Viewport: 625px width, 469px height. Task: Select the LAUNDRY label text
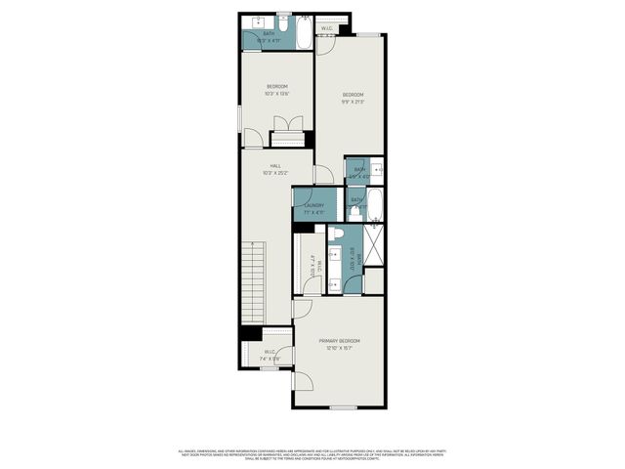pyautogui.click(x=314, y=205)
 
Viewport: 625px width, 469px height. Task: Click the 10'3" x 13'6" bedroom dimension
pyautogui.click(x=276, y=94)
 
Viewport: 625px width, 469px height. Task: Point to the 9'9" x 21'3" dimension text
pyautogui.click(x=353, y=101)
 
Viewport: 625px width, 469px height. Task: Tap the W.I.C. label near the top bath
pyautogui.click(x=328, y=28)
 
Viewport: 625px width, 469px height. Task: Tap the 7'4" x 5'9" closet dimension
pyautogui.click(x=271, y=359)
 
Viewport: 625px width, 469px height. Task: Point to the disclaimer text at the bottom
pyautogui.click(x=312, y=454)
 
